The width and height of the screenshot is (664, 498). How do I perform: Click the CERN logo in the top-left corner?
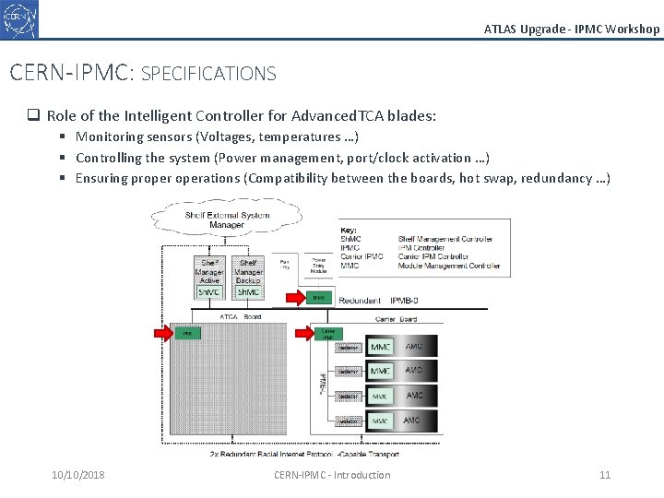19,18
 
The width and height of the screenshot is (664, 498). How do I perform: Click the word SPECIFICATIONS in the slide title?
208,73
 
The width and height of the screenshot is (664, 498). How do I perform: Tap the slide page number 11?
605,475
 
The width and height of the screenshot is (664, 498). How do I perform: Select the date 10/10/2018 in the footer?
78,475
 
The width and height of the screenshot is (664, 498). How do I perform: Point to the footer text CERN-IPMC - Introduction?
332,475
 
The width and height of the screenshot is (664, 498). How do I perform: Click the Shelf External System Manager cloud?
227,219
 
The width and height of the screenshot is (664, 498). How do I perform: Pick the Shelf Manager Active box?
209,277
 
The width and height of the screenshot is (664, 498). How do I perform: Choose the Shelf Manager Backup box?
248,277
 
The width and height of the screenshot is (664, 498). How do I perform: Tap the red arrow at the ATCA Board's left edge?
159,332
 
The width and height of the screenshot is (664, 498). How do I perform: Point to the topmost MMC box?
381,347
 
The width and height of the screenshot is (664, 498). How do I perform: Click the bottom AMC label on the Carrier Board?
414,420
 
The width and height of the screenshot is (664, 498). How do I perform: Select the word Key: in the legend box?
349,230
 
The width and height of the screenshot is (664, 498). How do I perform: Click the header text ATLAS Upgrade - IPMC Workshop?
572,29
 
